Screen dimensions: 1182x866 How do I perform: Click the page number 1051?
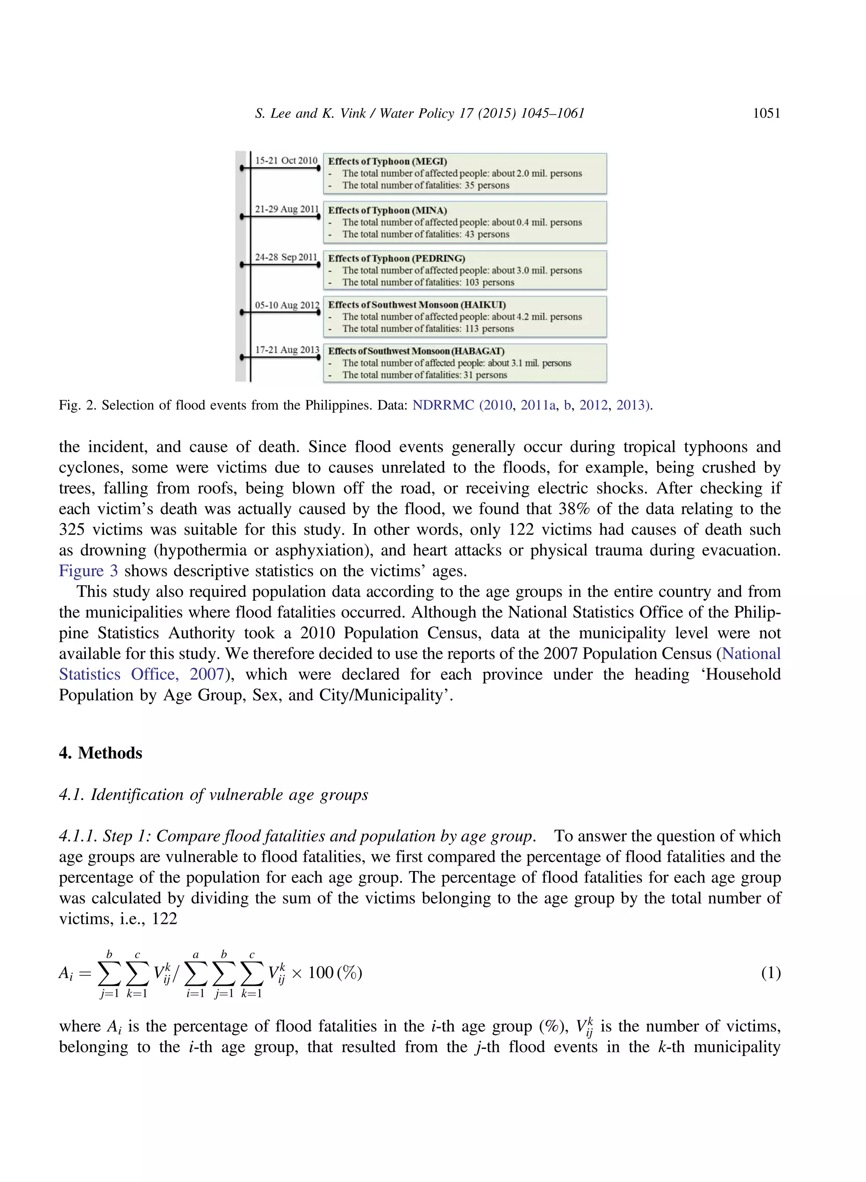point(766,113)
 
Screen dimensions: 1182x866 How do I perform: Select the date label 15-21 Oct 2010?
point(286,160)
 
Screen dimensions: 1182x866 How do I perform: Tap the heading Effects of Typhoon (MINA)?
point(387,210)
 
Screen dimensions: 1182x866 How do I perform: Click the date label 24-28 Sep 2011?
point(286,257)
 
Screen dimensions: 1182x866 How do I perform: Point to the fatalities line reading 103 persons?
point(428,282)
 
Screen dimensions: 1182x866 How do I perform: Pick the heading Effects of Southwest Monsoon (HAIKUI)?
point(417,305)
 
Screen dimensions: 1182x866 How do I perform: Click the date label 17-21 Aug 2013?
point(287,350)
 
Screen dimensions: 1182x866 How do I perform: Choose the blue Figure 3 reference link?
point(88,571)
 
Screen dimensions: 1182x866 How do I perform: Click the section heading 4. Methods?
point(101,753)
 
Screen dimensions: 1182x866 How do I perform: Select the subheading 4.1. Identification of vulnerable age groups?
point(214,795)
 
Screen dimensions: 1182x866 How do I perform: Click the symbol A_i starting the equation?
point(66,974)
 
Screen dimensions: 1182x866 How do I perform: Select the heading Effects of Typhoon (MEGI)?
point(387,162)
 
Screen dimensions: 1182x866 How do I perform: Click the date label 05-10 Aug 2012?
point(287,305)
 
